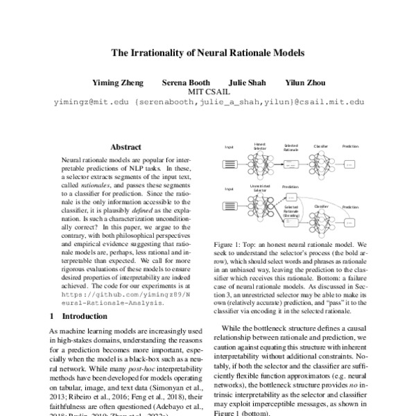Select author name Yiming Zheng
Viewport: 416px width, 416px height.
pyautogui.click(x=121, y=82)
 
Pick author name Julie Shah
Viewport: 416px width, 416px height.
pyautogui.click(x=245, y=82)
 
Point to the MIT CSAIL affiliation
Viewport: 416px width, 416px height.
pyautogui.click(x=208, y=92)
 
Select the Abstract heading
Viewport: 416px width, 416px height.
pyautogui.click(x=125, y=147)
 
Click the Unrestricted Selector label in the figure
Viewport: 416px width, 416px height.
pyautogui.click(x=259, y=189)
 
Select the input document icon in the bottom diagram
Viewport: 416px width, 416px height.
pyautogui.click(x=228, y=207)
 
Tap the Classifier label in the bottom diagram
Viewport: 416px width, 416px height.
pyautogui.click(x=322, y=206)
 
